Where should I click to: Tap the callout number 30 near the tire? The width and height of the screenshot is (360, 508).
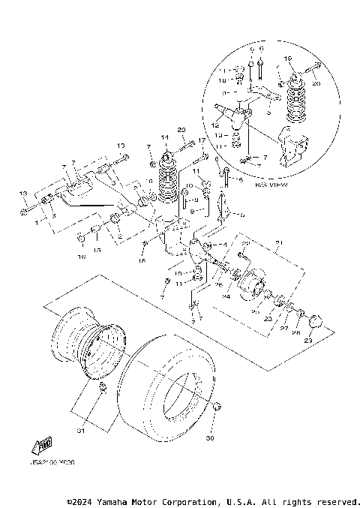210,438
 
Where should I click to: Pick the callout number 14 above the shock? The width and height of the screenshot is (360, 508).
166,138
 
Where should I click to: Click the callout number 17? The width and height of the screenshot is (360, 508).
201,140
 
